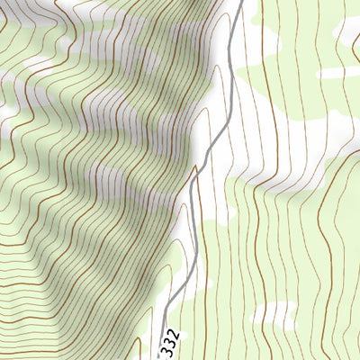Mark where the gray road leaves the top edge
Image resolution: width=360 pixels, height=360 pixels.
pos(241,2)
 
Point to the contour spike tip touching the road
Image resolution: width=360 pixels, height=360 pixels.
pos(195,166)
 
